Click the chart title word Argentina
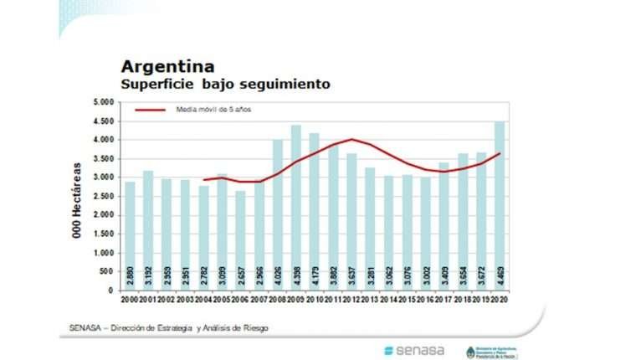point(167,66)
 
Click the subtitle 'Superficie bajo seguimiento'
point(225,85)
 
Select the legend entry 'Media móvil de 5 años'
point(213,110)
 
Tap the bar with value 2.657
point(240,240)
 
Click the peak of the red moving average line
point(352,139)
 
